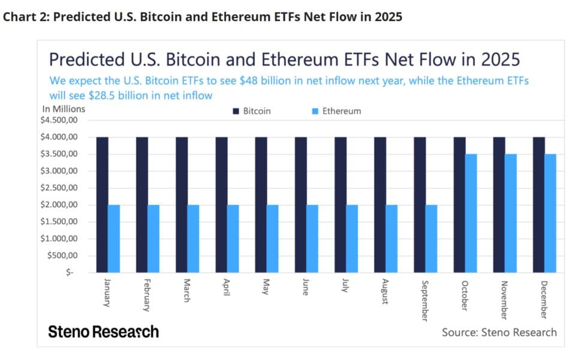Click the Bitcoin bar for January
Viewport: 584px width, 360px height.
pyautogui.click(x=103, y=205)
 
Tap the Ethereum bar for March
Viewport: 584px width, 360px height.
pyautogui.click(x=193, y=239)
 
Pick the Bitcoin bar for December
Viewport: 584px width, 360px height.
pyautogui.click(x=539, y=205)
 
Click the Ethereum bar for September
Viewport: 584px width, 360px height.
pyautogui.click(x=431, y=239)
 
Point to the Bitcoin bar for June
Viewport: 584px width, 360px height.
pyautogui.click(x=301, y=205)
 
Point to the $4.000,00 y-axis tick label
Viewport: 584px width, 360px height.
pyautogui.click(x=59, y=137)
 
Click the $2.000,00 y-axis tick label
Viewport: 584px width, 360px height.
pyautogui.click(x=59, y=205)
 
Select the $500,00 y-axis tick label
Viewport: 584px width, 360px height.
pyautogui.click(x=62, y=256)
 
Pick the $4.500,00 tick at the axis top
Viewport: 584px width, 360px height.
pyautogui.click(x=59, y=120)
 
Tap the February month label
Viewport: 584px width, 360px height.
pyautogui.click(x=146, y=295)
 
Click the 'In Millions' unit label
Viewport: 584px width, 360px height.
pyautogui.click(x=64, y=109)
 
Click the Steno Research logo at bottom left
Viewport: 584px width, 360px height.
pyautogui.click(x=103, y=332)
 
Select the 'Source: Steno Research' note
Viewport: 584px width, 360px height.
pyautogui.click(x=499, y=332)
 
